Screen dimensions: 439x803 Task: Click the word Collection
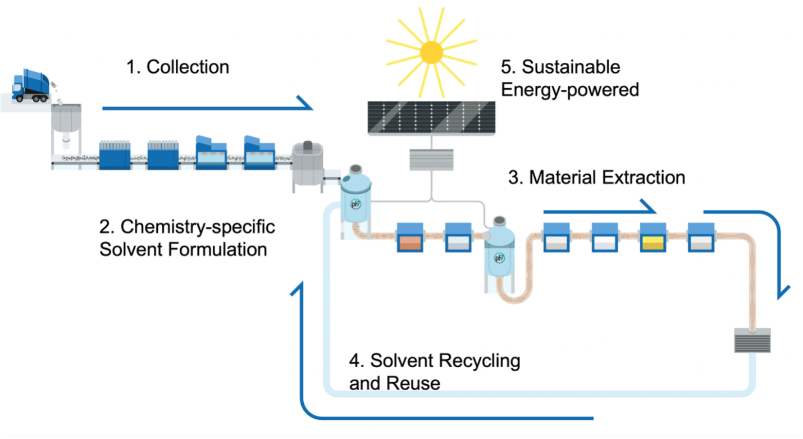[188, 67]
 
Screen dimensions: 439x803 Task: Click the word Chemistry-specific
[198, 227]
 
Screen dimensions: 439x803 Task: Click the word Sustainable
[571, 67]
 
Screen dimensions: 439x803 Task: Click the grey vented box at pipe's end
[752, 340]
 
